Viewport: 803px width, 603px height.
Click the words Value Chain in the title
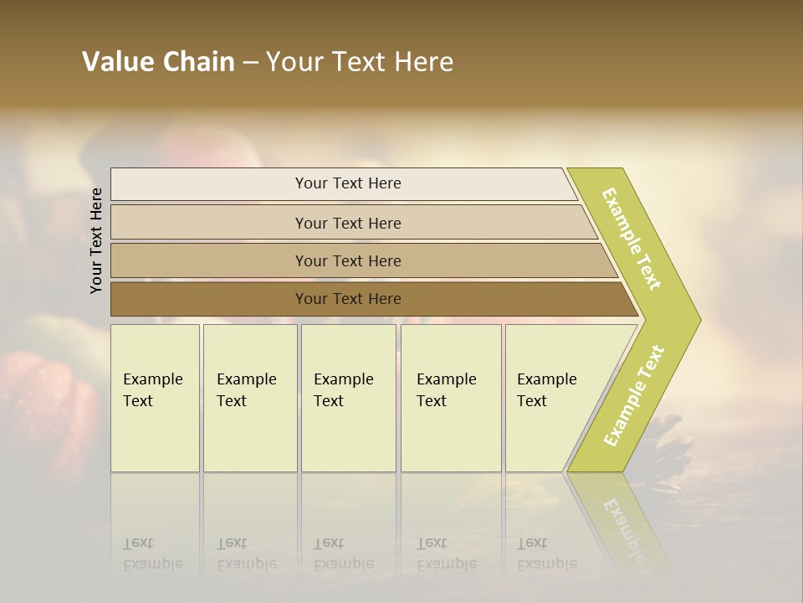158,62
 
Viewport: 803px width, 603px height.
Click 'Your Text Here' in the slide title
360,62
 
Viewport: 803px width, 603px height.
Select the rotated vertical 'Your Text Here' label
96,240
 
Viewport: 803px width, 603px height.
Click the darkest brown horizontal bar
209,299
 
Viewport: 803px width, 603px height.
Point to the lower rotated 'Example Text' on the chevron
634,395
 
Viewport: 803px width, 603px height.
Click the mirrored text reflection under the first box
153,554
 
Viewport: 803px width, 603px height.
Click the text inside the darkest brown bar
348,299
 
